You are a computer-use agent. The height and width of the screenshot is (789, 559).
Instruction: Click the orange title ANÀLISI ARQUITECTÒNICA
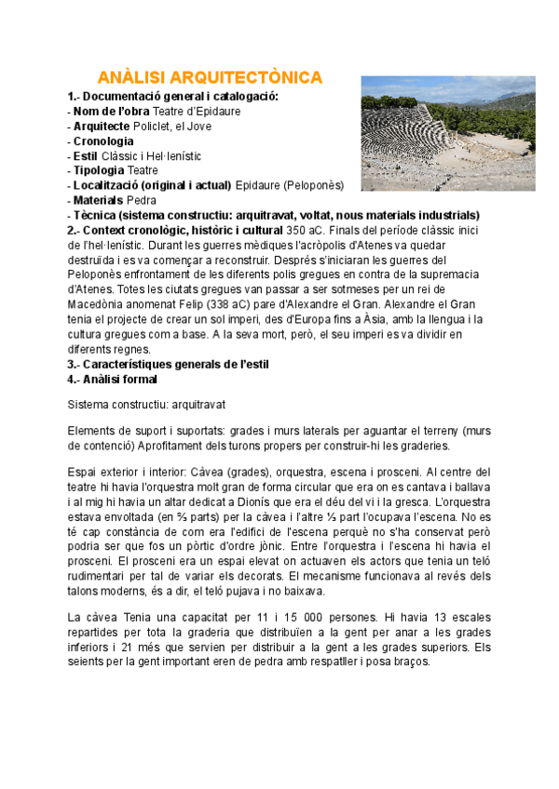(x=211, y=76)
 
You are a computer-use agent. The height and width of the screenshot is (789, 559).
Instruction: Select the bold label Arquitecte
(x=103, y=127)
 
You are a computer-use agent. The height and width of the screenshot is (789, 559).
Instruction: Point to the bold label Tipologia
(x=99, y=171)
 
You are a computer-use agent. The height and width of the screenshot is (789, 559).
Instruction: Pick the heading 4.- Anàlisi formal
(x=113, y=380)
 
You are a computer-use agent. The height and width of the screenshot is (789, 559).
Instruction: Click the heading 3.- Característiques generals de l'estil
(x=168, y=365)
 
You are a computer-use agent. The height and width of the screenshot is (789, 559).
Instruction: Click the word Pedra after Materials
(x=143, y=201)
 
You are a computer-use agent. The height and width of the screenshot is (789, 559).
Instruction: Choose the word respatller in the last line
(x=337, y=662)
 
